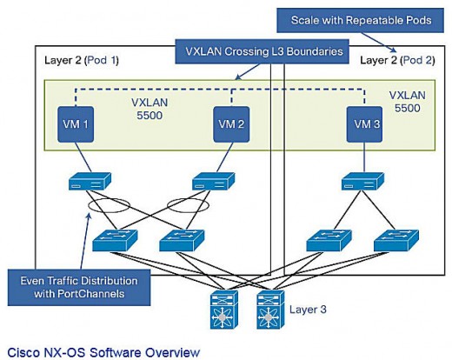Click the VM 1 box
click(76, 124)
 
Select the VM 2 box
click(231, 124)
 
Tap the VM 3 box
click(364, 124)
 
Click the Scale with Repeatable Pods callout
click(361, 20)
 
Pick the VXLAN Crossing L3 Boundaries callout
click(262, 51)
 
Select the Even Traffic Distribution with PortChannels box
click(79, 287)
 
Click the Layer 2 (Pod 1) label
click(82, 60)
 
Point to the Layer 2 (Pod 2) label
click(397, 60)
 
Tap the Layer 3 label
click(308, 310)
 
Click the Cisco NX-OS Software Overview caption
click(103, 352)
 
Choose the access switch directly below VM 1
click(90, 182)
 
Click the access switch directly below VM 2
click(214, 182)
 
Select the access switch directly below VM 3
click(362, 182)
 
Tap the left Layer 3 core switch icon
click(224, 310)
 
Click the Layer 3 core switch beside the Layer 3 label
click(270, 310)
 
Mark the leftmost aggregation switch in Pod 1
click(115, 241)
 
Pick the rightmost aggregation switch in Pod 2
click(396, 241)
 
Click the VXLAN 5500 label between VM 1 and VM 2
click(150, 109)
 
